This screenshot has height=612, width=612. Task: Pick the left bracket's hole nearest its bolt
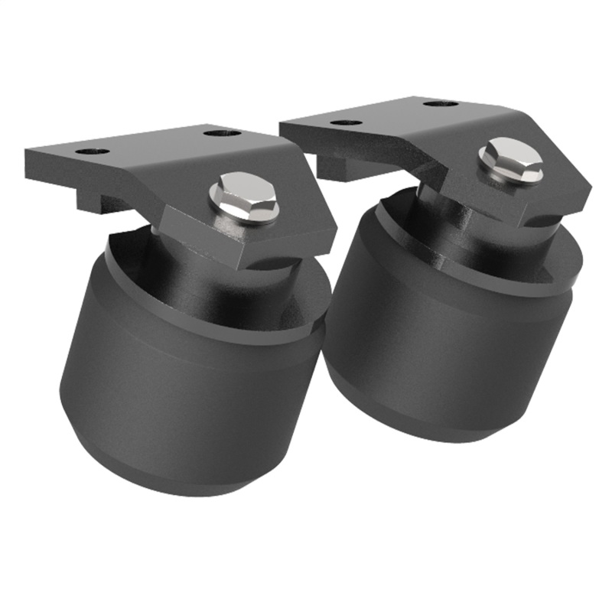click(x=223, y=133)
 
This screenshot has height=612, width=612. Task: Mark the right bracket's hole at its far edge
click(x=441, y=103)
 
